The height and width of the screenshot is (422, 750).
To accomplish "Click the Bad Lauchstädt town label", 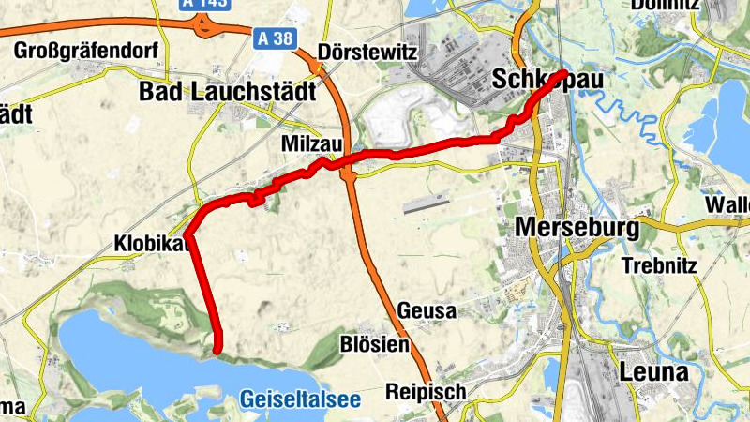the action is (x=227, y=91).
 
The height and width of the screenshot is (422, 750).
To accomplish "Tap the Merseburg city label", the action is (x=577, y=228).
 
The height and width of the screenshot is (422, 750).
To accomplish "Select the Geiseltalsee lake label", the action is (x=299, y=399).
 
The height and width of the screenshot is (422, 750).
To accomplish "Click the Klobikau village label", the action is (x=153, y=243).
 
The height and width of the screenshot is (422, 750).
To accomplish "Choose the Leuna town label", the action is (x=653, y=371).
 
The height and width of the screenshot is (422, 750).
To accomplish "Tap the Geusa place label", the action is (x=427, y=310).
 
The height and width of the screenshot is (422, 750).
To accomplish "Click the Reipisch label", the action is (x=427, y=391).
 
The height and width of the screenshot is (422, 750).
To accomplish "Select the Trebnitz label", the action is (x=659, y=265).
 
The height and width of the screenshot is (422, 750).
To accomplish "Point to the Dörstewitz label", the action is (x=367, y=52).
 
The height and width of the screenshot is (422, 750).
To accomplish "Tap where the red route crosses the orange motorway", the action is (x=351, y=158).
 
